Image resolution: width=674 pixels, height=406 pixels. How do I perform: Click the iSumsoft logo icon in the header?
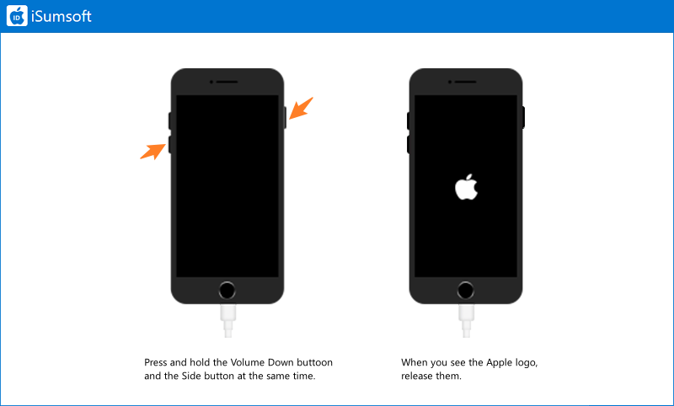point(17,16)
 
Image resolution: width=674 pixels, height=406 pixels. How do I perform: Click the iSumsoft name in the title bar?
point(62,16)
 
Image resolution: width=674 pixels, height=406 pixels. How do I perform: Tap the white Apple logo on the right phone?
point(467,187)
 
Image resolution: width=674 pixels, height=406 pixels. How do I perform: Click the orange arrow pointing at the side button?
point(301,109)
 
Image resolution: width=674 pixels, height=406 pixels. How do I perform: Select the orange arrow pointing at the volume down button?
point(153,152)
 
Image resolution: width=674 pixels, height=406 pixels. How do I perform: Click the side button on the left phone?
point(285,117)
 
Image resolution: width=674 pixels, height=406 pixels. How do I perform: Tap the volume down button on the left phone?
point(170,144)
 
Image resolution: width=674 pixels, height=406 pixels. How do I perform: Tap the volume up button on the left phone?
point(170,120)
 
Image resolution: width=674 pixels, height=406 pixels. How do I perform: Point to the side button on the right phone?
point(523,117)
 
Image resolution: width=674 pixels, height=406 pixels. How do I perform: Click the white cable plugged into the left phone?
point(227,320)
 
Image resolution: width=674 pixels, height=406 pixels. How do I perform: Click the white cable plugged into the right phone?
point(467,320)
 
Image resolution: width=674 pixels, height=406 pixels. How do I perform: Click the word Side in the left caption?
point(191,376)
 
